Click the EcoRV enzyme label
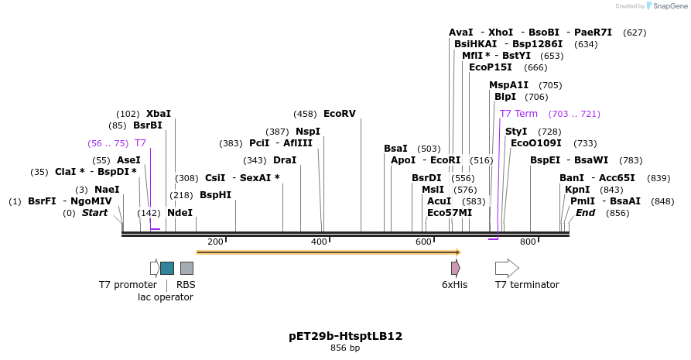[339, 114]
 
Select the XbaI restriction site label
[158, 114]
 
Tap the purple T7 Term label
[518, 114]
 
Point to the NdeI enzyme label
[180, 213]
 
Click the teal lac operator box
[167, 268]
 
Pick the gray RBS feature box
[186, 268]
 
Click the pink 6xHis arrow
[456, 268]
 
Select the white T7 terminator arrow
[507, 268]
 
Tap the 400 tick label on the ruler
[320, 242]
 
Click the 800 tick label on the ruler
[528, 242]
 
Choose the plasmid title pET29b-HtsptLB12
[345, 337]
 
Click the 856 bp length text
[345, 348]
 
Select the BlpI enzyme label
[505, 97]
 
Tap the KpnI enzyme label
[577, 190]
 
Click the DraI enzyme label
[284, 160]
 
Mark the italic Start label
[94, 213]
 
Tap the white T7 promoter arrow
[154, 268]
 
